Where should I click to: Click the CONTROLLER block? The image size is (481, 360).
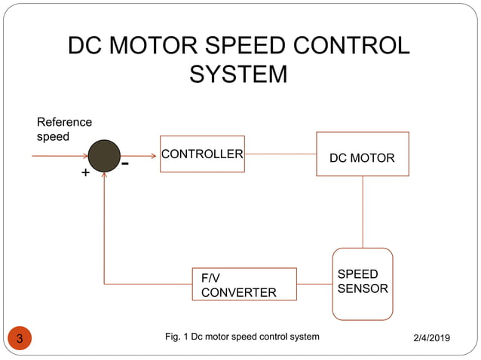pyautogui.click(x=202, y=154)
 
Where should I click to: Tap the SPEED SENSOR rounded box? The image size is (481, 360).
pyautogui.click(x=363, y=282)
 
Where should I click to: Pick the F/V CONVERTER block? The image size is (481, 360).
pyautogui.click(x=244, y=284)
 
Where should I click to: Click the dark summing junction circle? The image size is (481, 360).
pyautogui.click(x=104, y=156)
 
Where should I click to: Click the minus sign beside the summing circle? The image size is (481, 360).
pyautogui.click(x=125, y=163)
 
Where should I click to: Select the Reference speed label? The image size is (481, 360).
pyautogui.click(x=64, y=129)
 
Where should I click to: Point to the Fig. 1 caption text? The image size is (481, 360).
pyautogui.click(x=242, y=337)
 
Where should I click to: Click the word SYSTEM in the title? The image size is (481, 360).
pyautogui.click(x=238, y=75)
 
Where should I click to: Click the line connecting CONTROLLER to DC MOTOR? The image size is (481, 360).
pyautogui.click(x=280, y=154)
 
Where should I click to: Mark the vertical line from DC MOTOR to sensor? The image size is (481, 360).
pyautogui.click(x=363, y=212)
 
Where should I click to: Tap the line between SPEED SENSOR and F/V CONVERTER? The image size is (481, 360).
pyautogui.click(x=314, y=284)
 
